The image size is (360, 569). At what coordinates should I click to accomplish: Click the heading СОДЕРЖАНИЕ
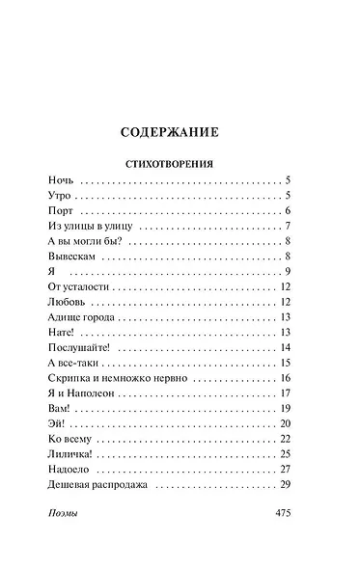click(180, 130)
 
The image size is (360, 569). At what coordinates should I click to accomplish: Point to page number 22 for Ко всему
click(285, 438)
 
